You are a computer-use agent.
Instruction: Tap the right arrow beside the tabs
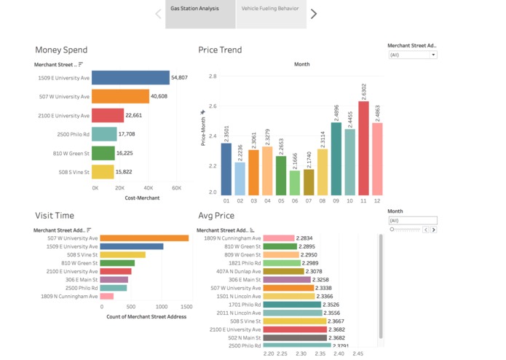(x=314, y=14)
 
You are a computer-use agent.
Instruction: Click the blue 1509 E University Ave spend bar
(x=130, y=77)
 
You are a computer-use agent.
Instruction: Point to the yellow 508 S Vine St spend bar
(x=103, y=172)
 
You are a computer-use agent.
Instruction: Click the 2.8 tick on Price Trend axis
(x=212, y=76)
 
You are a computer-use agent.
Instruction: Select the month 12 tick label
(x=377, y=200)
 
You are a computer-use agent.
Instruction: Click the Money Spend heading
(x=61, y=50)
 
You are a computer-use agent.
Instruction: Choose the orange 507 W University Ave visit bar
(x=144, y=238)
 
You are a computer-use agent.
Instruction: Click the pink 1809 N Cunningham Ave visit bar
(x=106, y=296)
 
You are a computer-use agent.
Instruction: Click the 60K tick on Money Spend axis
(x=176, y=188)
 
